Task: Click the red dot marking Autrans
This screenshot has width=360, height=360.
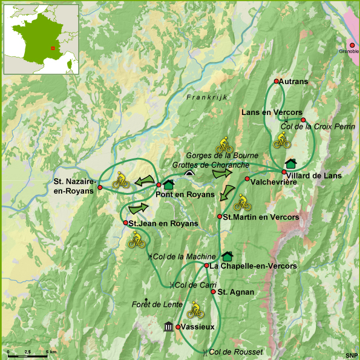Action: coord(276,81)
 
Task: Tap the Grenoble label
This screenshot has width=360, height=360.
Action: coord(349,51)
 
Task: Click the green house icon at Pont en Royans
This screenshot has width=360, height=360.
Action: coord(169,185)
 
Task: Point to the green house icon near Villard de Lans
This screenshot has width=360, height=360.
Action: coord(291,163)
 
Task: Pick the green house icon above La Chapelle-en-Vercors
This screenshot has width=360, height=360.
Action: coord(227,257)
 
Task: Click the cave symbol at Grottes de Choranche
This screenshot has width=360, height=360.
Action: coord(189,173)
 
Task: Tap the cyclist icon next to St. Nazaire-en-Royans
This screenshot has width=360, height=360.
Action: coord(120,180)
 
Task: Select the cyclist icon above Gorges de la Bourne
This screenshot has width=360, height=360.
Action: coord(224,144)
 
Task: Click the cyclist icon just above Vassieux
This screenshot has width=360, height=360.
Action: coord(195,311)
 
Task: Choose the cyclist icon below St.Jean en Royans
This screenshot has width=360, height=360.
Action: coord(136,241)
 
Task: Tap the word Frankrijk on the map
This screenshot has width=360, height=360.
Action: coord(205,97)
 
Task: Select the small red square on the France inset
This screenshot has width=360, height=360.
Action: coord(53,48)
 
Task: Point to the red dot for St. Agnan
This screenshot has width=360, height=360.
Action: coord(213,292)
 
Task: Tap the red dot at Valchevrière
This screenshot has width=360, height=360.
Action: coord(247,178)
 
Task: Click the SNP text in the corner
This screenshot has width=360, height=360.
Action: coord(351,355)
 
